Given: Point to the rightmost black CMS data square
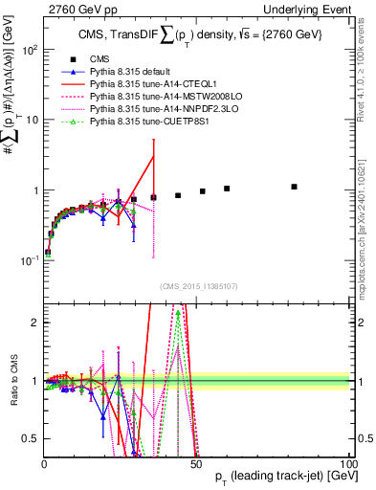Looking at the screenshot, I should (x=294, y=187).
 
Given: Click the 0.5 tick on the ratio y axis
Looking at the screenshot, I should (x=31, y=438).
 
